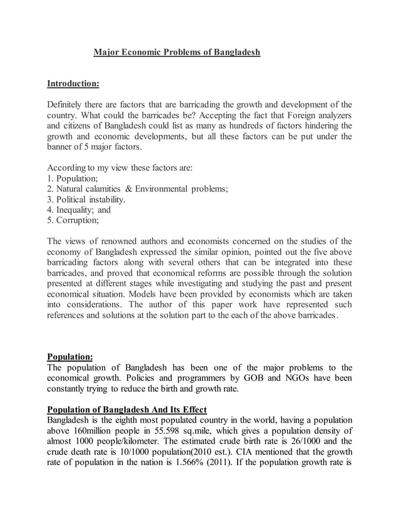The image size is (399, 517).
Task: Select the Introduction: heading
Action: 73,83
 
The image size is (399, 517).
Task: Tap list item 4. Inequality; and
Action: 79,210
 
